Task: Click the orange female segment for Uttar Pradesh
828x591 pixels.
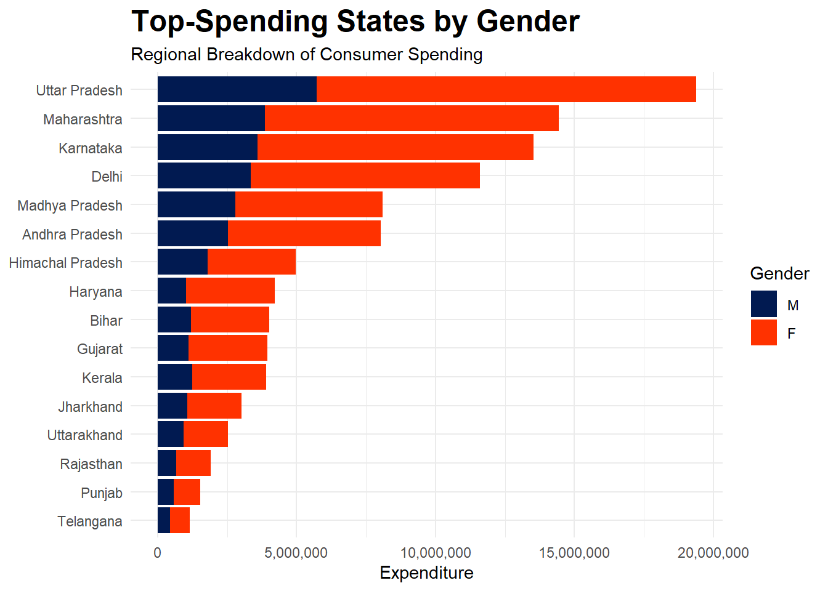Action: tap(505, 90)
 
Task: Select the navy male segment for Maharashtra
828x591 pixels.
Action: tap(211, 118)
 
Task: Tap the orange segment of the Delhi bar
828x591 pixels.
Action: tap(365, 176)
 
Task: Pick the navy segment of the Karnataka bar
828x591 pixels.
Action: tap(207, 148)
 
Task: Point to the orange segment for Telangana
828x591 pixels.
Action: tap(180, 521)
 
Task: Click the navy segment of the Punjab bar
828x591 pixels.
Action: tap(166, 492)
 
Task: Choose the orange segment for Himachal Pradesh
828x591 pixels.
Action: tap(251, 262)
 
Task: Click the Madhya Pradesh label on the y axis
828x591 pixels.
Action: tap(70, 206)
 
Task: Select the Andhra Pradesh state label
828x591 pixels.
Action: tap(72, 235)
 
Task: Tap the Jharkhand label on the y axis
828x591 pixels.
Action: tap(90, 407)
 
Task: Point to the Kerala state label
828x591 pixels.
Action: tap(102, 378)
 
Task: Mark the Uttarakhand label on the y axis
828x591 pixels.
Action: tap(84, 435)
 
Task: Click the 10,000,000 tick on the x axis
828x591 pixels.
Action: tap(436, 553)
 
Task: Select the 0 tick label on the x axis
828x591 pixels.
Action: tap(158, 553)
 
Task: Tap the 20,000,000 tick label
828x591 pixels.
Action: tap(713, 553)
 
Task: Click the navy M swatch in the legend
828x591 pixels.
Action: tap(763, 304)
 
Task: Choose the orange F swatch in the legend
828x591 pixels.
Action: tap(763, 333)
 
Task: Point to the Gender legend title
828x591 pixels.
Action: tap(779, 274)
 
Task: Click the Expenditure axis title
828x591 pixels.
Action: tap(426, 573)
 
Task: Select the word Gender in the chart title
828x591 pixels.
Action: tap(527, 22)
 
